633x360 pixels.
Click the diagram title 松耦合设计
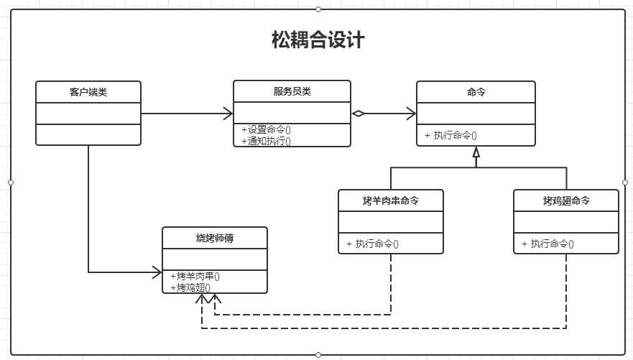click(x=318, y=40)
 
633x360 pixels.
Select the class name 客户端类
click(x=88, y=92)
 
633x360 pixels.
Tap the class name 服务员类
click(x=292, y=91)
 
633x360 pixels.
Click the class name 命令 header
click(x=476, y=92)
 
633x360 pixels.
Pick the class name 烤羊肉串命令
click(x=391, y=200)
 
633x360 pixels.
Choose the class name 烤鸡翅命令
click(x=566, y=200)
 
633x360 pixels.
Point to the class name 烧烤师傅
click(x=215, y=238)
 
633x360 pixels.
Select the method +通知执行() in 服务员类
click(x=267, y=141)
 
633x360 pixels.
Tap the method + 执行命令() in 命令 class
click(x=451, y=135)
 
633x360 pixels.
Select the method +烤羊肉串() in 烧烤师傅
click(x=195, y=276)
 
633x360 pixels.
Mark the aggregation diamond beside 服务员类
click(x=359, y=114)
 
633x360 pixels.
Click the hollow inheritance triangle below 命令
click(x=476, y=152)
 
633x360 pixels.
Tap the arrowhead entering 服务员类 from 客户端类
click(x=228, y=114)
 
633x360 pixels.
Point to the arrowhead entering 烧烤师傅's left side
click(x=157, y=272)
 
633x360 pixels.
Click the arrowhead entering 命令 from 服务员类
click(x=411, y=114)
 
